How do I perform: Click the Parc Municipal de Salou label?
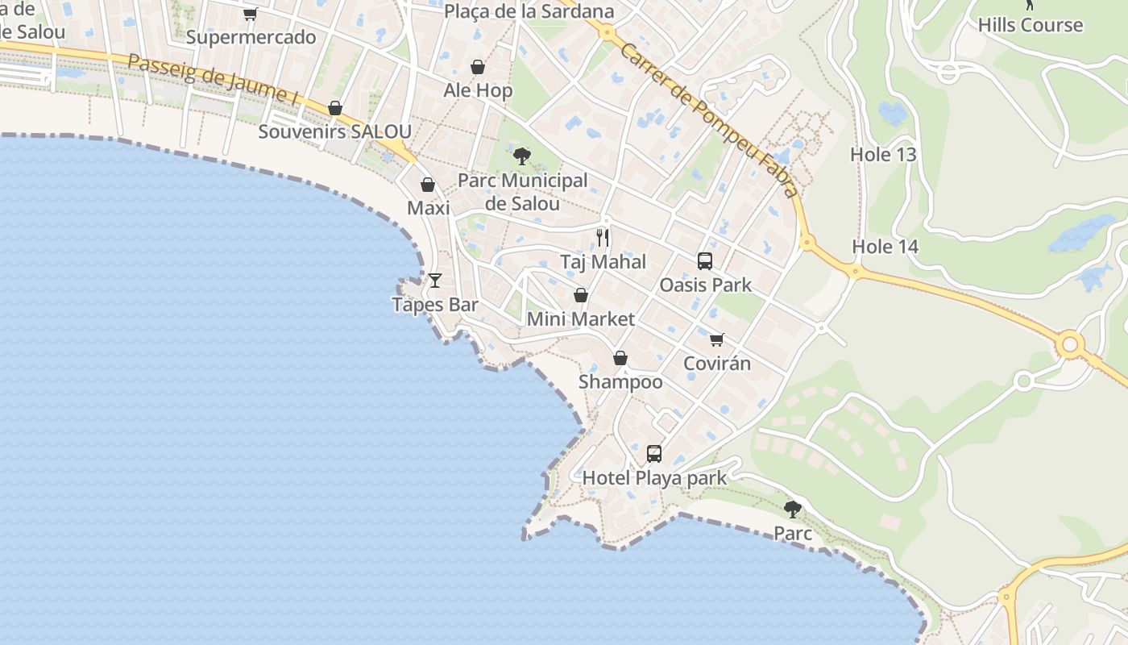522,192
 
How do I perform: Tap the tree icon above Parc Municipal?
522,156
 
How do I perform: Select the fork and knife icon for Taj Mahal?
603,238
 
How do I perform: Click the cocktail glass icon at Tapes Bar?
435,280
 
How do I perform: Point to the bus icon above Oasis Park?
705,261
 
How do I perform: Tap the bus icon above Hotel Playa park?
654,454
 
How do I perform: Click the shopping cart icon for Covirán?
716,339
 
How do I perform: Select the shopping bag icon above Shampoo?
620,358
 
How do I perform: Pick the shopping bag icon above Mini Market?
580,295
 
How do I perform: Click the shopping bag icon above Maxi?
428,185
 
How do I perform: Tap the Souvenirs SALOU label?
334,131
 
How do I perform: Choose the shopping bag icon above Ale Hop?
478,67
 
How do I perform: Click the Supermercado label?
251,37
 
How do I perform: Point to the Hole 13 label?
884,154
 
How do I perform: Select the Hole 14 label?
885,247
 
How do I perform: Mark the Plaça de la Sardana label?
529,11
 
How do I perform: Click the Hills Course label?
1031,25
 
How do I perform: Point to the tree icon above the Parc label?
793,509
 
